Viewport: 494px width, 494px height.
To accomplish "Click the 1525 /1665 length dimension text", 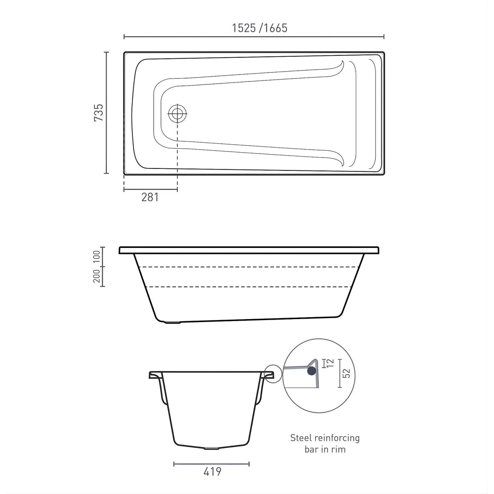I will point(260,28).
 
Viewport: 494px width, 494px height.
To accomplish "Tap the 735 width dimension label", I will point(99,113).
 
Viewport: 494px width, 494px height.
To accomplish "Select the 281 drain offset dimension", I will point(150,197).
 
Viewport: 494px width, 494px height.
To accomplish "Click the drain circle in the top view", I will point(177,114).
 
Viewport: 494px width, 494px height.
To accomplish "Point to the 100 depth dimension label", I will point(96,256).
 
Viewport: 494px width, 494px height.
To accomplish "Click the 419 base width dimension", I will point(212,472).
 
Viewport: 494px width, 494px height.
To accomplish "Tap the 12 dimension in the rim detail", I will point(329,364).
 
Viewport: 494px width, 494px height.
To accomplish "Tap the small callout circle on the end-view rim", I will point(273,373).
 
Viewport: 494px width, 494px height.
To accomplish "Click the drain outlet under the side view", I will point(171,323).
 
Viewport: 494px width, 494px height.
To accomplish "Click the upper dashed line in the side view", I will point(247,267).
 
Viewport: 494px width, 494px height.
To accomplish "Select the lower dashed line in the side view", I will point(247,287).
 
